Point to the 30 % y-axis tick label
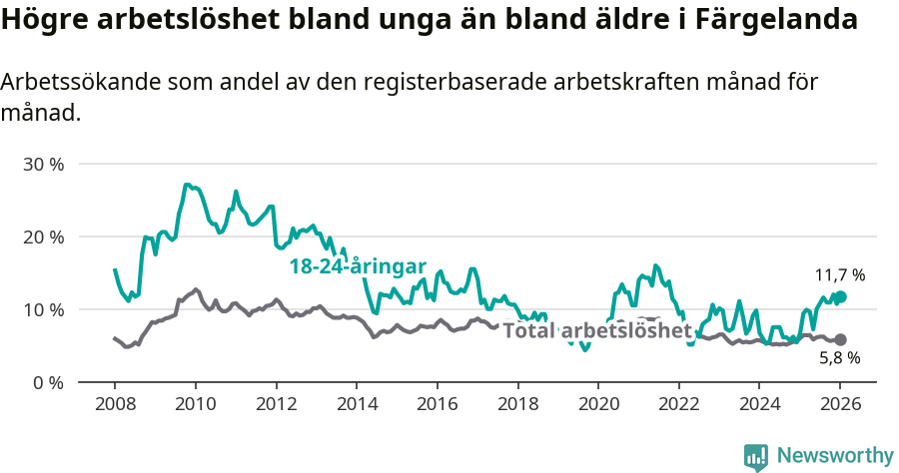pos(43,164)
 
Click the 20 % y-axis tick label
pos(43,236)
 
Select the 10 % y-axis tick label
pos(43,309)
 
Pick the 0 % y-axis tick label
pos(47,382)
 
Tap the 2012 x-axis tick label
pos(276,405)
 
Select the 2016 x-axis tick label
pos(437,405)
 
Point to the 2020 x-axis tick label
pos(598,405)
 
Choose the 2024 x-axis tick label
pos(759,405)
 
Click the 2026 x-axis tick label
pos(840,405)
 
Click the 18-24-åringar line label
pos(358,266)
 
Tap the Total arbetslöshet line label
pos(596,330)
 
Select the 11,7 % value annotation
pos(839,274)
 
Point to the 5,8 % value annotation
pos(839,357)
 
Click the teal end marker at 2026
pos(840,296)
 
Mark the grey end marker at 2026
pos(840,339)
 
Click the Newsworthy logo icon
pos(756,456)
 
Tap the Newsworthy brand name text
pos(834,456)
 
